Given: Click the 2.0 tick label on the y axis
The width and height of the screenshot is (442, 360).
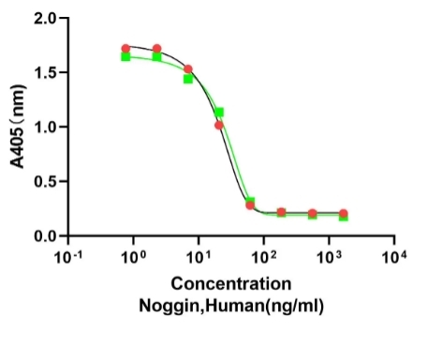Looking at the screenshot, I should (43, 19).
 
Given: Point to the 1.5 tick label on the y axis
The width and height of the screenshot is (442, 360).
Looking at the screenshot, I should (43, 72).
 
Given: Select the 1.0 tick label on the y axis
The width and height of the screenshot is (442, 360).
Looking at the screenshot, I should (43, 127).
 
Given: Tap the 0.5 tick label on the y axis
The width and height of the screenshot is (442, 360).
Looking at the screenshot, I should (43, 181).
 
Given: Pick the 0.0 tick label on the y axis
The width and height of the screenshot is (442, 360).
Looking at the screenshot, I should (43, 235).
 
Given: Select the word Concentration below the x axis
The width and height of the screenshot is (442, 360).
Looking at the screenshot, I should (231, 284).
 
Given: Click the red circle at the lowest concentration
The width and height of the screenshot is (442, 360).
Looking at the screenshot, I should (125, 49).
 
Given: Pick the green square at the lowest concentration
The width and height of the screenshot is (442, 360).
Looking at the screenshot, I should (125, 57).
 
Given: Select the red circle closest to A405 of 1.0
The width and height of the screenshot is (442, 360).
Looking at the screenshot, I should (219, 125).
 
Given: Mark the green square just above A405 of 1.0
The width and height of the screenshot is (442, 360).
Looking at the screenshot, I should (219, 112).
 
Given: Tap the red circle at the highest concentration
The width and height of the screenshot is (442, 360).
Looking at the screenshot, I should (343, 214).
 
